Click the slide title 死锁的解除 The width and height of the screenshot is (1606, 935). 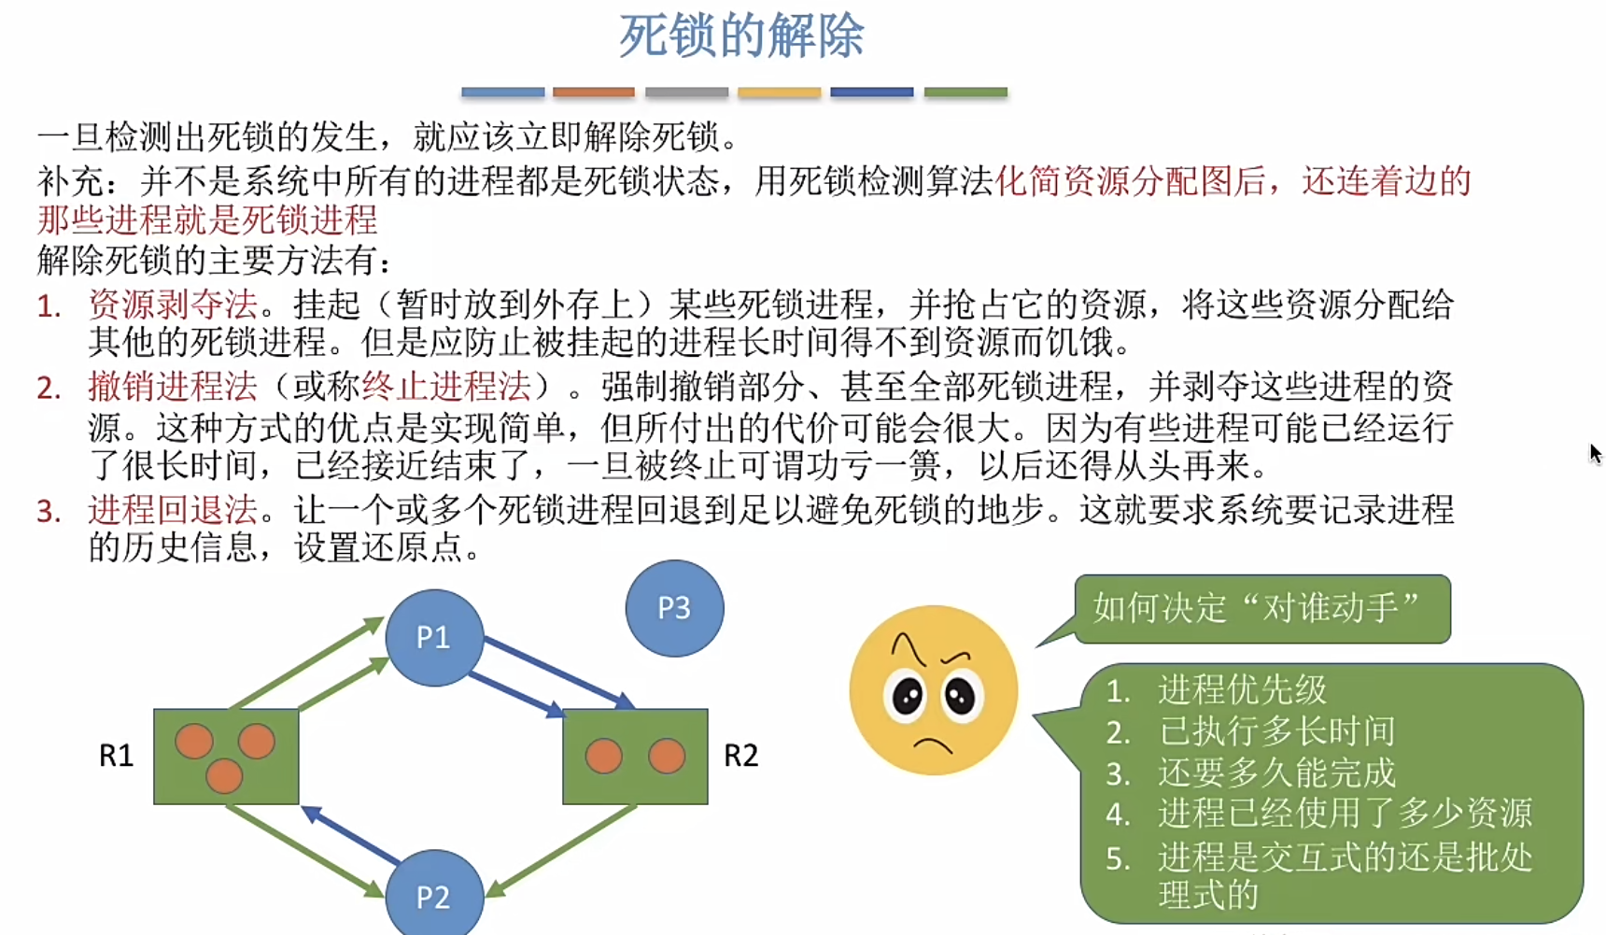coord(741,37)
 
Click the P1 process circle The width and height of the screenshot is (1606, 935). coord(434,637)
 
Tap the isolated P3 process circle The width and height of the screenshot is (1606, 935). coord(674,608)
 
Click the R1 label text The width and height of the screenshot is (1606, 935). coord(117,755)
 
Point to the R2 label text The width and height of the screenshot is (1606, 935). coord(740,755)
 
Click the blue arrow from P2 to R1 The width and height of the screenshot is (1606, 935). coord(352,835)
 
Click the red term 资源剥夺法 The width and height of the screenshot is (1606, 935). coord(173,304)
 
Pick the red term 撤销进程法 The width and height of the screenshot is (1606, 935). coord(173,386)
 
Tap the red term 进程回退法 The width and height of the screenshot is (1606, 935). coord(173,510)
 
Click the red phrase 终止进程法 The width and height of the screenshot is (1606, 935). coord(446,386)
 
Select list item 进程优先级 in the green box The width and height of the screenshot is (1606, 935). coord(1242,690)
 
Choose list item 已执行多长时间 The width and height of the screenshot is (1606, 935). coord(1276,731)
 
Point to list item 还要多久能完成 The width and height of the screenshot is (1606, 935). coord(1276,772)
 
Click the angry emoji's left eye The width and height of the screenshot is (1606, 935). coord(907,695)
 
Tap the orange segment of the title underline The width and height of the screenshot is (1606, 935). coord(594,92)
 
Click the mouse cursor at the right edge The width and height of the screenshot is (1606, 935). coord(1595,454)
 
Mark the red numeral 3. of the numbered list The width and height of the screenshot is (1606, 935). coord(49,511)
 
